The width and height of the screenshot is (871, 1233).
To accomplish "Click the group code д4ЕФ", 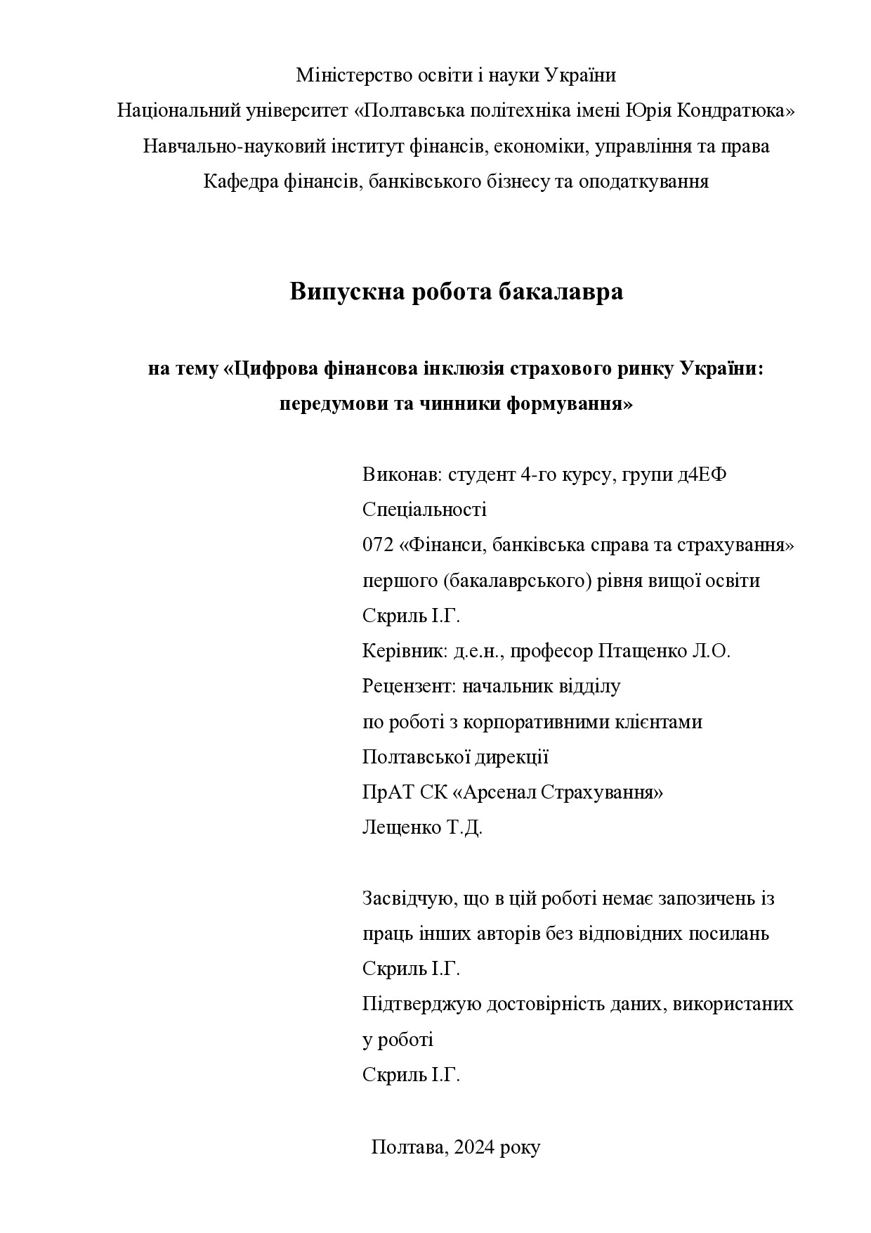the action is point(702,475).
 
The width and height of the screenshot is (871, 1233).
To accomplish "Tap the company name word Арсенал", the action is point(497,792).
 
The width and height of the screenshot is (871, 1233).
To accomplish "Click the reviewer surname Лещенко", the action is point(401,827).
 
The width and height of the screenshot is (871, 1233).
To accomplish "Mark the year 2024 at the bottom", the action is point(475,1147).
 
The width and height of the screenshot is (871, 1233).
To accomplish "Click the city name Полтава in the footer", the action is point(408,1147).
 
